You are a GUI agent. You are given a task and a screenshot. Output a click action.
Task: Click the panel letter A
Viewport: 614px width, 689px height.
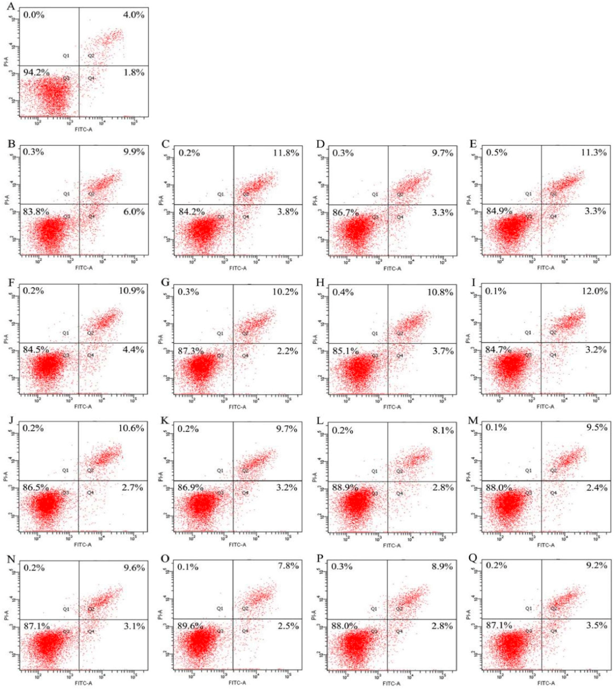11,6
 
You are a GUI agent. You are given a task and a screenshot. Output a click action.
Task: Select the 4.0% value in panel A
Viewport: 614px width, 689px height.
134,15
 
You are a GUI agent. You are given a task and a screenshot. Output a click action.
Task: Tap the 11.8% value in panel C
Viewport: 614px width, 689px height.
286,153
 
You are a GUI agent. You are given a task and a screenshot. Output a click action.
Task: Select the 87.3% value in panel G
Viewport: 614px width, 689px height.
191,351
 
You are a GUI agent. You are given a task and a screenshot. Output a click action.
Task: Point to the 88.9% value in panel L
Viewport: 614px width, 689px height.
345,487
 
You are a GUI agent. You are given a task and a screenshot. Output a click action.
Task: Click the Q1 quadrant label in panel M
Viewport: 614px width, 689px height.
528,470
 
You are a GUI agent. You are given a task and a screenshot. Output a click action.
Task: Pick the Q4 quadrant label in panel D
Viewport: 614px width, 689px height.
400,217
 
